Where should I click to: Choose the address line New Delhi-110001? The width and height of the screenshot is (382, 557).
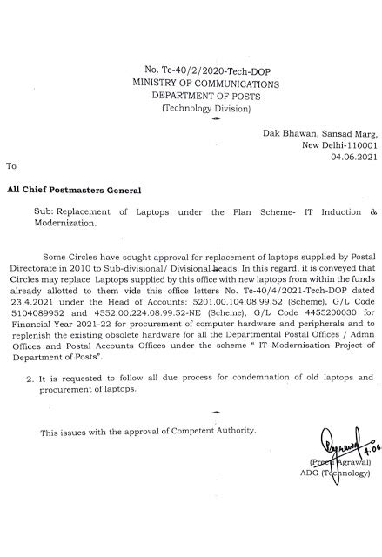coord(339,145)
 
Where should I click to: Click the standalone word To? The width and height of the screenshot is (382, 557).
coord(10,164)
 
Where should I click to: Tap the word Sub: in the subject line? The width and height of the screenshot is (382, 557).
coord(44,211)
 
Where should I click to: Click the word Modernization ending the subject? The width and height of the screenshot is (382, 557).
coord(70,223)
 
